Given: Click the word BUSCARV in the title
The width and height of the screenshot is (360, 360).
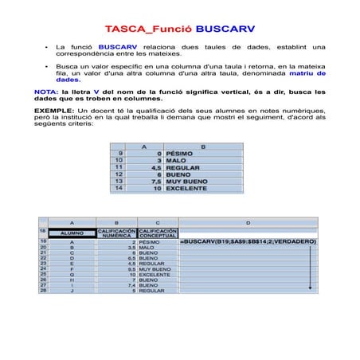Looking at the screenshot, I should (x=225, y=29).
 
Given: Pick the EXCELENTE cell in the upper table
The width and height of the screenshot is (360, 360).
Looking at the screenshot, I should (x=186, y=189).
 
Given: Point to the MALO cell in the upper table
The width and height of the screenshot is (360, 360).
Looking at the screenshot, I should (x=176, y=160).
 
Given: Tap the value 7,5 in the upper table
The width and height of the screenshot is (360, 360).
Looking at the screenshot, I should (x=156, y=182).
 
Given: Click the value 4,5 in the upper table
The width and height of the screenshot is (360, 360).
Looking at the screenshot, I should (x=156, y=167).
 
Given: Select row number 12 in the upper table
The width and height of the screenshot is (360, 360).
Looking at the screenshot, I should (x=119, y=174).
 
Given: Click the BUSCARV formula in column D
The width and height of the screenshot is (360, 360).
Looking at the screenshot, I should (x=248, y=241).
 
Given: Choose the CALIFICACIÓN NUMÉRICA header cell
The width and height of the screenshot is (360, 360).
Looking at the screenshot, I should (x=116, y=233).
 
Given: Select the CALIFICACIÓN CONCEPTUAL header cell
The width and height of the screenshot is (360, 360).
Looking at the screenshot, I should (x=158, y=233).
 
